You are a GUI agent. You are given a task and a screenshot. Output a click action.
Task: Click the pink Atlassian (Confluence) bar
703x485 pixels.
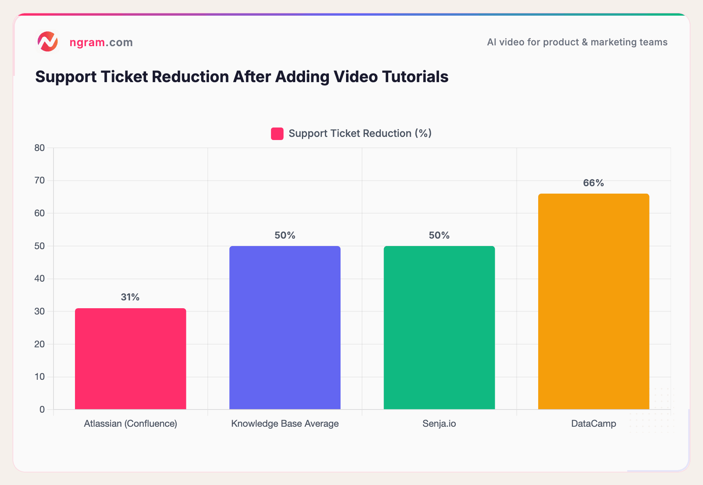[130, 359]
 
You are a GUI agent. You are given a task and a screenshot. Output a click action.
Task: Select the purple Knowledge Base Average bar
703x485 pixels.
[285, 328]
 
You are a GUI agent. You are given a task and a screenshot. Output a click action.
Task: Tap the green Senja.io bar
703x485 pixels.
[439, 328]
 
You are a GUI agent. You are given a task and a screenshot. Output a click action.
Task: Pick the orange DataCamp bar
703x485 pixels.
[593, 302]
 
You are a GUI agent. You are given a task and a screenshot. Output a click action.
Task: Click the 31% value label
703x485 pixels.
[130, 297]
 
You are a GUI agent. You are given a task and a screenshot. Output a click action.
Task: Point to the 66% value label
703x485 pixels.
[593, 183]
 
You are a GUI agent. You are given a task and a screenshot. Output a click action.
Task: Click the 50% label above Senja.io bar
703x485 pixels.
[439, 235]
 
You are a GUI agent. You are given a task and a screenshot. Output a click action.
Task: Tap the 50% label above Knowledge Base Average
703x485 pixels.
[285, 235]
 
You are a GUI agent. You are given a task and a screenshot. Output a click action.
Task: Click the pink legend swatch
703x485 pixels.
[277, 134]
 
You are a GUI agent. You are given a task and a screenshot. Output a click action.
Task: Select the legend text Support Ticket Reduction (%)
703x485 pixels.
[360, 134]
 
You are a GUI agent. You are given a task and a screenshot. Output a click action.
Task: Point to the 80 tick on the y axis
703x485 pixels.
[39, 148]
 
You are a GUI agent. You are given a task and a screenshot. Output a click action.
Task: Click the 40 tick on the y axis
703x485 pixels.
[39, 279]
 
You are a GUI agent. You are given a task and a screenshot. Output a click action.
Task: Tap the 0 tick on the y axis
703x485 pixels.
[42, 410]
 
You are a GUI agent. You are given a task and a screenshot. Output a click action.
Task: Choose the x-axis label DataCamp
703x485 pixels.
[593, 424]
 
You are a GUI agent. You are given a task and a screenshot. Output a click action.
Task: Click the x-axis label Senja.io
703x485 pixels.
[439, 424]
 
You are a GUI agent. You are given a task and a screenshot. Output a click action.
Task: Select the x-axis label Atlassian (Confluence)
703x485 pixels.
[130, 424]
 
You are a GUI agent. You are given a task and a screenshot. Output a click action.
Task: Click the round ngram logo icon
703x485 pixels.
[48, 42]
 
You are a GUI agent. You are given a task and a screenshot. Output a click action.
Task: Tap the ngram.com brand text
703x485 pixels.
[101, 42]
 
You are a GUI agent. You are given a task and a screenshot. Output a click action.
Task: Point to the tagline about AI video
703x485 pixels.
[577, 42]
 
